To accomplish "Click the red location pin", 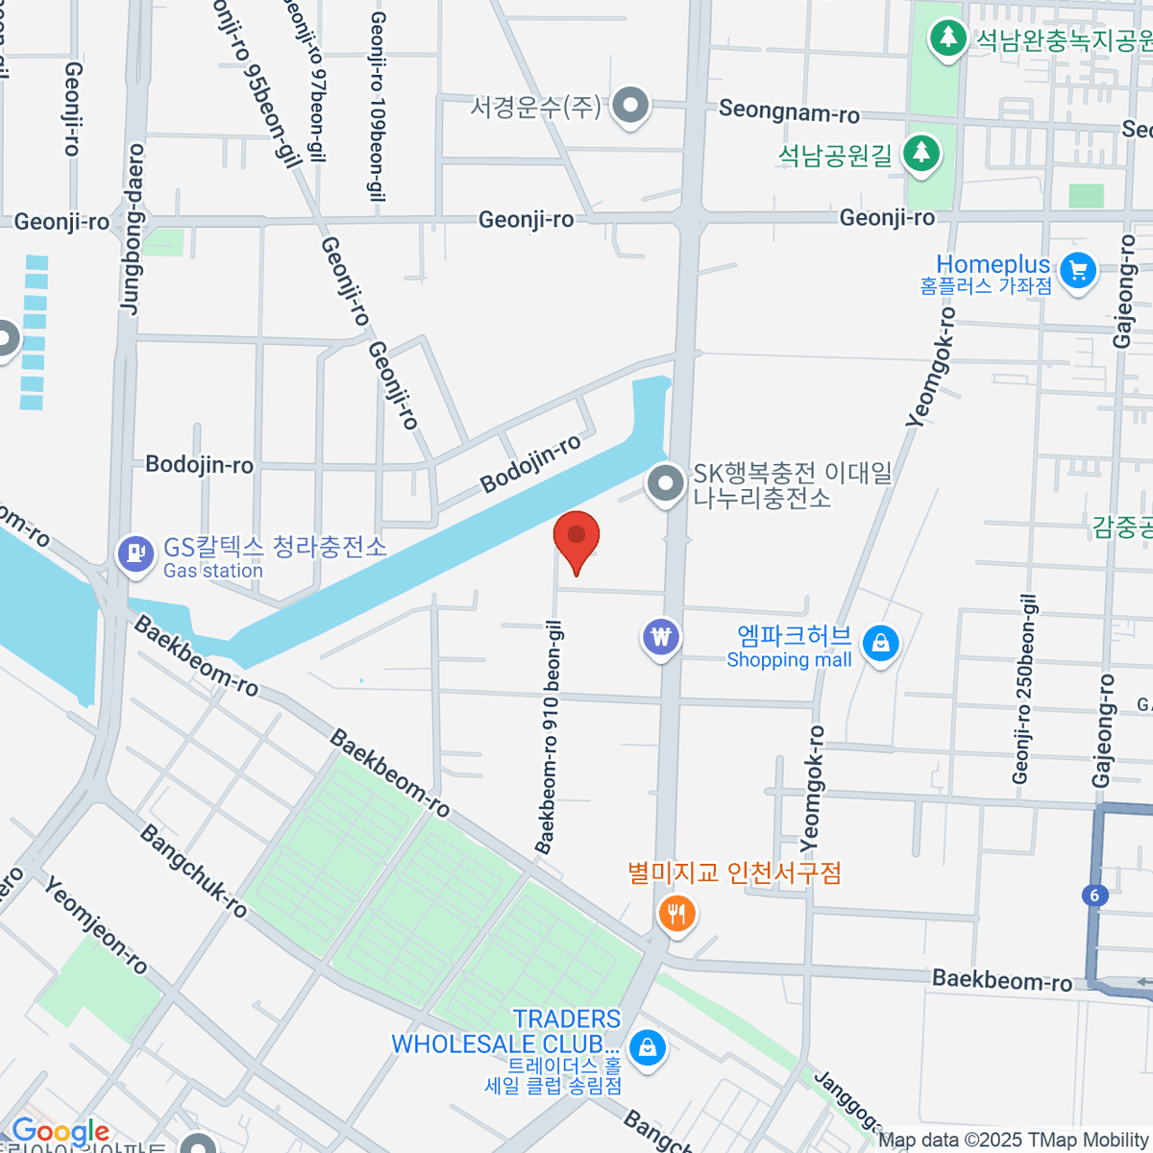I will click(576, 538).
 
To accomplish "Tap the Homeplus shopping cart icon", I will click(1078, 270).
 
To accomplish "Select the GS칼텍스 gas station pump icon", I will click(135, 553).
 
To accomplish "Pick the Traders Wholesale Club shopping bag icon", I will click(648, 1046).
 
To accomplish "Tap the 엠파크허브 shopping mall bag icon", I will click(880, 643).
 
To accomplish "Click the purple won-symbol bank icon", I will click(661, 636).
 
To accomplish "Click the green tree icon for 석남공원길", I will click(921, 153).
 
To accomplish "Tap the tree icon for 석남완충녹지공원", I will click(948, 38).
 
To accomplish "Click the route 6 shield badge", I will click(1094, 895).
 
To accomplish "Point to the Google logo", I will click(61, 1132).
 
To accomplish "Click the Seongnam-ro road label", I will click(789, 111).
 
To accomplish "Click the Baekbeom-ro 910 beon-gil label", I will click(550, 737).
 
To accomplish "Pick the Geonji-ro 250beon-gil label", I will click(1025, 689).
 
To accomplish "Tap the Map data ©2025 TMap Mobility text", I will click(1014, 1141).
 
